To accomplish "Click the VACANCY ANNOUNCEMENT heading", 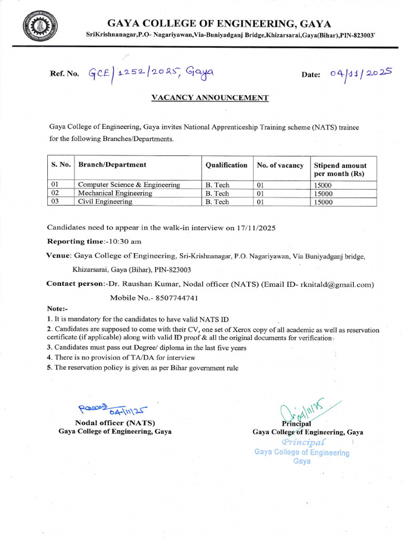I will (210, 98).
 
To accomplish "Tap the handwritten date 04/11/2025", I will (361, 74).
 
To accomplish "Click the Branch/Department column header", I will (112, 165).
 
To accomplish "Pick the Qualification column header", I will (226, 165).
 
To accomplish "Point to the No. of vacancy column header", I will (280, 165).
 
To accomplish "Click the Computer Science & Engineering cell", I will (129, 185).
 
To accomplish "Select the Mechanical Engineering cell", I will (115, 193).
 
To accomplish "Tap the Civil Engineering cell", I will (105, 202).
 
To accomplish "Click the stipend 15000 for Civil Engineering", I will (323, 202).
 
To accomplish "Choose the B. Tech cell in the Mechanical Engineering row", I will (217, 193).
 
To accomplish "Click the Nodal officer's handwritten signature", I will (113, 409).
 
